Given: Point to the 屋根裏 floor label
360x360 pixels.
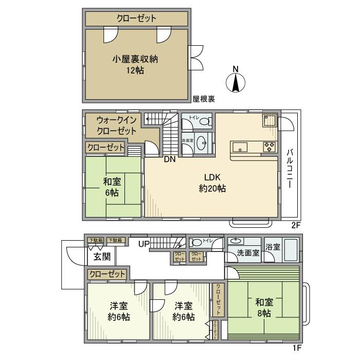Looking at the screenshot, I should [x=204, y=99].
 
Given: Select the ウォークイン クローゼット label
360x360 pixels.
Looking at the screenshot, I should [x=117, y=124].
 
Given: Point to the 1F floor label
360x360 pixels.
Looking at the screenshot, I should [x=297, y=348].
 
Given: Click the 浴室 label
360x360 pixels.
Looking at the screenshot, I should [x=273, y=247].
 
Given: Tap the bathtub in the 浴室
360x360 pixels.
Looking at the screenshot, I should [x=292, y=251].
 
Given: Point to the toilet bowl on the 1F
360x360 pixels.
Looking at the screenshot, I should [x=196, y=242].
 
